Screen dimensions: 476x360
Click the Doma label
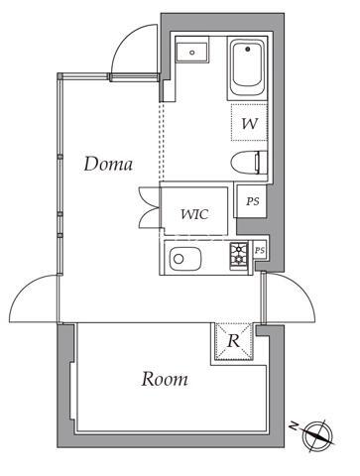[x=108, y=164]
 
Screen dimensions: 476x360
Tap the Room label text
[x=164, y=378]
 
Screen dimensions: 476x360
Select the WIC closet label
[x=194, y=212]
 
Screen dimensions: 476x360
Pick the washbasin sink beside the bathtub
[x=192, y=52]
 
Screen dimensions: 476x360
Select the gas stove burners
[x=239, y=256]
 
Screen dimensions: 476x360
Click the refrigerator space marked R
[x=234, y=341]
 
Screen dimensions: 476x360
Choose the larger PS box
[x=253, y=200]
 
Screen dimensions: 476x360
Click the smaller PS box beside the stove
[x=260, y=250]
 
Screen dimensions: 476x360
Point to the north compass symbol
[x=320, y=433]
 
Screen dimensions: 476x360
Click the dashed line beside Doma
[x=162, y=139]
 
